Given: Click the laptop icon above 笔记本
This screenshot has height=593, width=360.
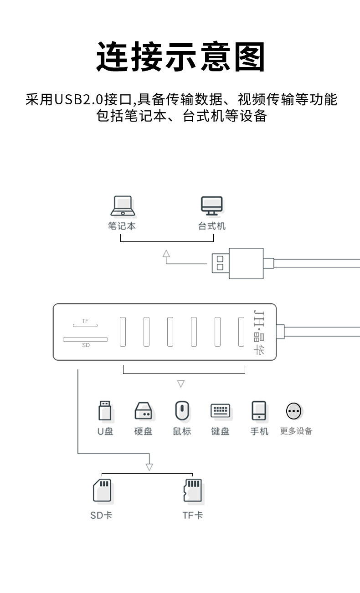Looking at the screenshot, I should pos(122,206).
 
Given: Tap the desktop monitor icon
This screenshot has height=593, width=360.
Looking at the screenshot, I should pos(212,206).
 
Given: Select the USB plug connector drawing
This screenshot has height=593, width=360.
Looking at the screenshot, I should pos(237,263).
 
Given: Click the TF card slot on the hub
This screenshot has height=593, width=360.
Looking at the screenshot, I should pos(85,325).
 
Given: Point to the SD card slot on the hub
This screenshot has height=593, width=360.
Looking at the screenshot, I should pos(85,339).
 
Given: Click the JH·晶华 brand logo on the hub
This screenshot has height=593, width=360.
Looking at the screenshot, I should pos(258,332).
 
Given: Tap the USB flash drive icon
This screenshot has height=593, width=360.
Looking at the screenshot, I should pos(105,411).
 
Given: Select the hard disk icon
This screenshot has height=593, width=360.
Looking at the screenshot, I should pos(143,411).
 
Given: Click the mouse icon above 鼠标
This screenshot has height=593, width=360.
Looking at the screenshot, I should pos(181,411).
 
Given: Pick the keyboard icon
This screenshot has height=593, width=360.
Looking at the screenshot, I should pos(220,411).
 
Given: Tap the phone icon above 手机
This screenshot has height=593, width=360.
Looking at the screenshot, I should pos(259,411).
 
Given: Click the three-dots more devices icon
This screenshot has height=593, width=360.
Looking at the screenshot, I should pos(294,411).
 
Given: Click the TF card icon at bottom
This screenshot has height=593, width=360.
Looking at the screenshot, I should pos(192,491).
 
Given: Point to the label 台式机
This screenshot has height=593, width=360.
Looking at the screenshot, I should pos(211,226).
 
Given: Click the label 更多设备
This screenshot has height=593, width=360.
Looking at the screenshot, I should pos(296,431).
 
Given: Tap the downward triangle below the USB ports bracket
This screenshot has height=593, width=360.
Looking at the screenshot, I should pos(181,384).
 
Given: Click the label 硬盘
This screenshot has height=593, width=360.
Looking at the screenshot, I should pos(143,431).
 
